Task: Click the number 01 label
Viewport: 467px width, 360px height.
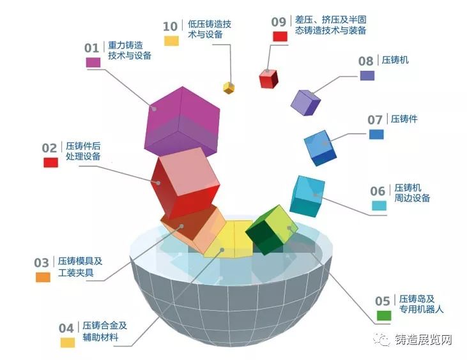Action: coord(92,48)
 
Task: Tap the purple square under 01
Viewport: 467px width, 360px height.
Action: coord(93,62)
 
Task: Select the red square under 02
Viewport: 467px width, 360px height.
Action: coord(51,162)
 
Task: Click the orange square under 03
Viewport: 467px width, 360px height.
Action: coord(43,277)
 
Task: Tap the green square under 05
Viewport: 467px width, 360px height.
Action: coord(384,315)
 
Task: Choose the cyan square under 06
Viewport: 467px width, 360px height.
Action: coord(379,206)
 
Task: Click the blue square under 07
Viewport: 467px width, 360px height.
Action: coord(376,134)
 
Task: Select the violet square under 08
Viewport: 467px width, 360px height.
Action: coord(367,75)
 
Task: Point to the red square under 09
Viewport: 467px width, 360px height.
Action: coord(280,36)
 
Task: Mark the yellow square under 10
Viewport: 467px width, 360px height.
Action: coord(171,41)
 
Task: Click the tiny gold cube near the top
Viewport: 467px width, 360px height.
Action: coord(229,87)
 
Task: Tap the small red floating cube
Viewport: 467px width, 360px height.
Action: coord(268,78)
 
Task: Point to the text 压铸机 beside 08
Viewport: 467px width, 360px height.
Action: coord(395,61)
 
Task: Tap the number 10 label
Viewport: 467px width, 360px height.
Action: coord(170,26)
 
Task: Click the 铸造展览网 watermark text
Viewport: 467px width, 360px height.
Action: coord(422,340)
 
